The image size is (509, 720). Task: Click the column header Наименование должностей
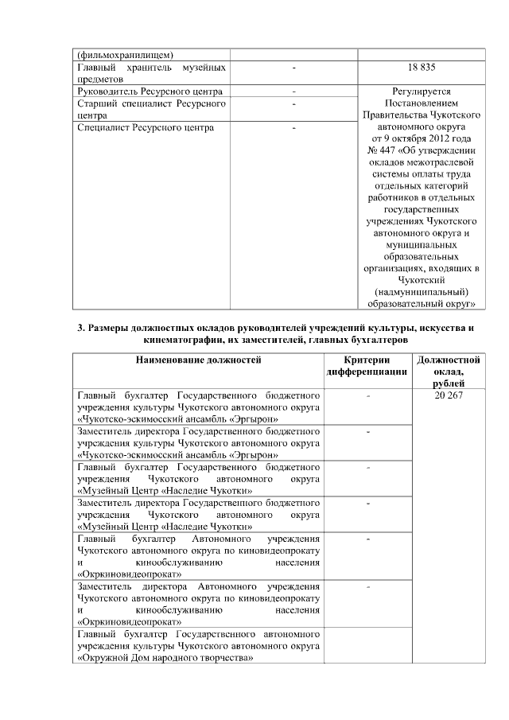[198, 360]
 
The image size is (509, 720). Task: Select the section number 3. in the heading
[81, 329]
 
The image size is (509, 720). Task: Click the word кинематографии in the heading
[177, 340]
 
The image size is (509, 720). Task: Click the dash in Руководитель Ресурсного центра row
[293, 91]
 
